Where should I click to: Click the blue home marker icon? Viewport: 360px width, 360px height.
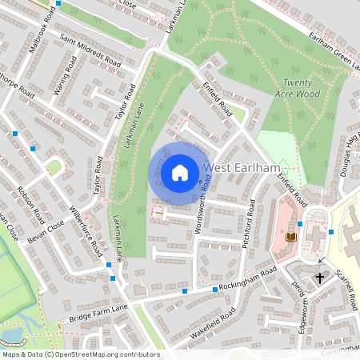(180, 173)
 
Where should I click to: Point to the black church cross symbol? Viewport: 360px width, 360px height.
(320, 278)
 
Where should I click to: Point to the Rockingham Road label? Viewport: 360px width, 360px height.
(249, 280)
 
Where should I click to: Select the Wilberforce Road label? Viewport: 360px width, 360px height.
(86, 232)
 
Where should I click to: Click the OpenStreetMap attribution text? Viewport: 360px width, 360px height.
(80, 354)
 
